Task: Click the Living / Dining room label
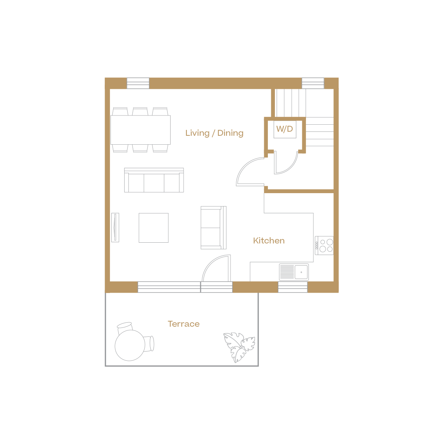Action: tap(214, 133)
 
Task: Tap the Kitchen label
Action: tap(269, 240)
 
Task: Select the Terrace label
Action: tap(184, 324)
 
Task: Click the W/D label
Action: tap(285, 129)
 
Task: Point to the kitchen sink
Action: tap(294, 272)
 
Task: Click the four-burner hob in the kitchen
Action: tap(324, 245)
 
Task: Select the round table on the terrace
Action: tap(129, 345)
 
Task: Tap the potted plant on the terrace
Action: tap(239, 346)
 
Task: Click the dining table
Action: tap(141, 129)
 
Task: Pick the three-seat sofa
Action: tap(154, 180)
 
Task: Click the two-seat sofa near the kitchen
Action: tap(213, 228)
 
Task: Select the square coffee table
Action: tap(154, 228)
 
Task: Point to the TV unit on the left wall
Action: tap(115, 227)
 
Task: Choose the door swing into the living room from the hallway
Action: tap(250, 172)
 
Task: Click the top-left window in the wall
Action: tap(138, 83)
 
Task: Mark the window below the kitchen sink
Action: tap(293, 287)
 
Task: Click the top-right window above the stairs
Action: tap(313, 83)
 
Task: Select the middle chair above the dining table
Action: tap(140, 111)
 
